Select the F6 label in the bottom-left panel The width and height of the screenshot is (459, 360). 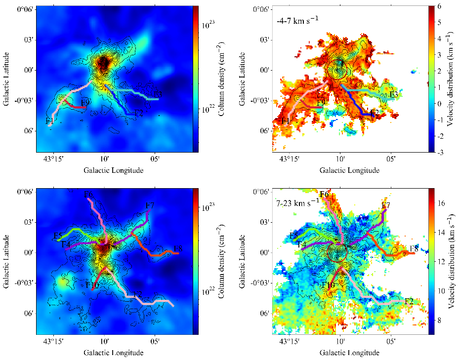88,195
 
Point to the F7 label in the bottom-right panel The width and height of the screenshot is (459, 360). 386,205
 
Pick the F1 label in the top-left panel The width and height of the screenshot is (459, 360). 49,120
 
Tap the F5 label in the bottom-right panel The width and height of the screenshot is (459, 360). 293,236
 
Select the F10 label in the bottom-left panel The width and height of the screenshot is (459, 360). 92,285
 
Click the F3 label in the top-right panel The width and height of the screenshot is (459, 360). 394,94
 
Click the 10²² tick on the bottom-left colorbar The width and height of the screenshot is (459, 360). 207,291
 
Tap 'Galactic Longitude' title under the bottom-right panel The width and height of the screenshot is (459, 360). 350,353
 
